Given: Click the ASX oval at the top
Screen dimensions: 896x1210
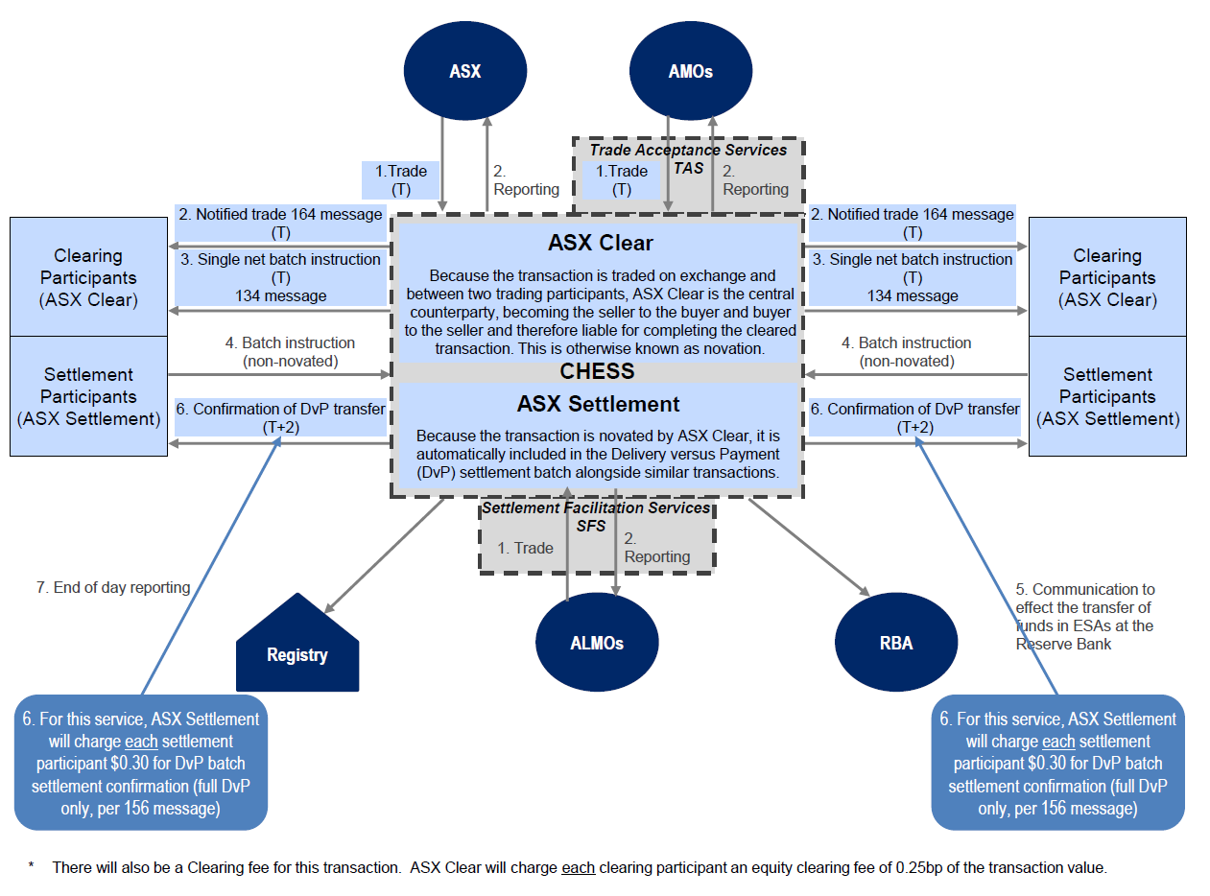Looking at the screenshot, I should pos(465,71).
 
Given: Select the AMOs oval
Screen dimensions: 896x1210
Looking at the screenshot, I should pos(690,71).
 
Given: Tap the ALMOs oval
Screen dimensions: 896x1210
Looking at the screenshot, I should pos(597,643).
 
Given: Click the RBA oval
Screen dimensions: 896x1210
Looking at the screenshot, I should pos(895,643).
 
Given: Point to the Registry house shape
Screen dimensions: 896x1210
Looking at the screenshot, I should pos(297,654).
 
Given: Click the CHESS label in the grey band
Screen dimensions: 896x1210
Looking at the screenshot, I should pos(597,371).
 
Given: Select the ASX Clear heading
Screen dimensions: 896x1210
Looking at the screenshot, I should pos(601,243).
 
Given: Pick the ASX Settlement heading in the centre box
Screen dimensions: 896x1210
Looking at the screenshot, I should pos(598,404).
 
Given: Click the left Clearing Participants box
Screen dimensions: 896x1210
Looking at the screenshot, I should pos(88,277).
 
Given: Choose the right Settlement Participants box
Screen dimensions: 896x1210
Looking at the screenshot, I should pos(1107,396).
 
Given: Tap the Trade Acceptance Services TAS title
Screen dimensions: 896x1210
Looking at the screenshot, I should pos(688,158).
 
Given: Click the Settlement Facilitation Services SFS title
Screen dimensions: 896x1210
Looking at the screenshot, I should pos(596,516).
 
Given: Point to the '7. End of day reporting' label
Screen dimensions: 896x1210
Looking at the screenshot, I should pos(113,587).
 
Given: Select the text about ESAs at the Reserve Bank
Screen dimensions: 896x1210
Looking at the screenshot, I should pos(1085,616).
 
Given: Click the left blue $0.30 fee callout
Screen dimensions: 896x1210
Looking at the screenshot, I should pos(140,763).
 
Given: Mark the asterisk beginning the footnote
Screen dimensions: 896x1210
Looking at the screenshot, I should pos(32,867).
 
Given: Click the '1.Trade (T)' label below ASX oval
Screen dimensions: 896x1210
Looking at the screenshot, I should pos(401,180).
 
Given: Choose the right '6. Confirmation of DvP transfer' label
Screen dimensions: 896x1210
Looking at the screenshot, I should pos(913,417).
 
